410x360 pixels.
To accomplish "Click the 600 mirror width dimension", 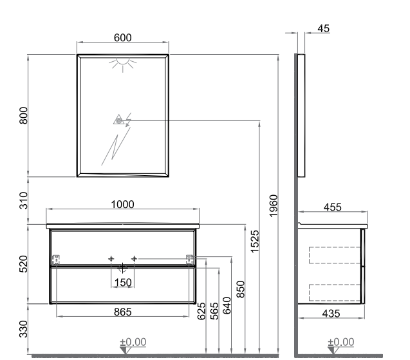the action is (x=123, y=38).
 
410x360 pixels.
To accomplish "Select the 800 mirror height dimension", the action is (x=24, y=115).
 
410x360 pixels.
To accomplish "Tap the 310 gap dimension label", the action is (x=24, y=200).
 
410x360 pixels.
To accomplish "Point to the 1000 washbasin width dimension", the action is (x=123, y=205).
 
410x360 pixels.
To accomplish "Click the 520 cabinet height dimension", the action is (x=24, y=264).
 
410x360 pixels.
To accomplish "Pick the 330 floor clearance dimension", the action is (x=24, y=329).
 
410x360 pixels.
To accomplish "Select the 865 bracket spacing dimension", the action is (x=123, y=312).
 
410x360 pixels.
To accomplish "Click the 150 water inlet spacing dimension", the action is (x=123, y=283).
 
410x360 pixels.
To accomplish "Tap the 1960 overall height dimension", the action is (x=274, y=206).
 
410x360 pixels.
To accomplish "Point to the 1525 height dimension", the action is (x=255, y=242).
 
